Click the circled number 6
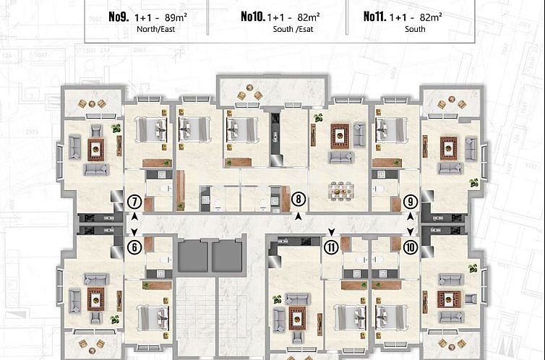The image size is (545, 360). pos(134,247)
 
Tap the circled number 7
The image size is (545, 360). pos(134,202)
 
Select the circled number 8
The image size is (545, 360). pos(299,200)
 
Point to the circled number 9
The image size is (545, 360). pos(411,202)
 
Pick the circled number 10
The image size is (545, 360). pos(411,247)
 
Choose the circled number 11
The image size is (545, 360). pos(331,247)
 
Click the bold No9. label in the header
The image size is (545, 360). pos(119,16)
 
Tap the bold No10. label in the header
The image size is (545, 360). pos(252,16)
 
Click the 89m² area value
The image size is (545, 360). pos(176,16)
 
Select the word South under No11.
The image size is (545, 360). pos(415,30)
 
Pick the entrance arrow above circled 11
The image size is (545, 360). pos(331,232)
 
